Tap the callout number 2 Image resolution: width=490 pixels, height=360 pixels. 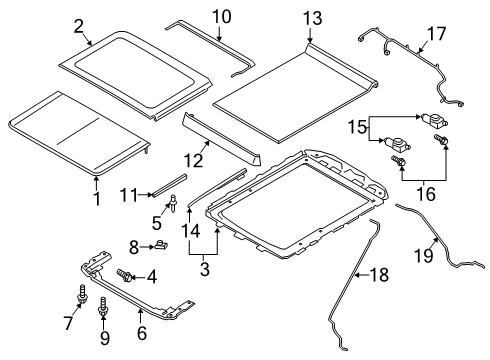pyautogui.click(x=79, y=27)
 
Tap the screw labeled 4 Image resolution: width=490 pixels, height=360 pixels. pyautogui.click(x=127, y=274)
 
